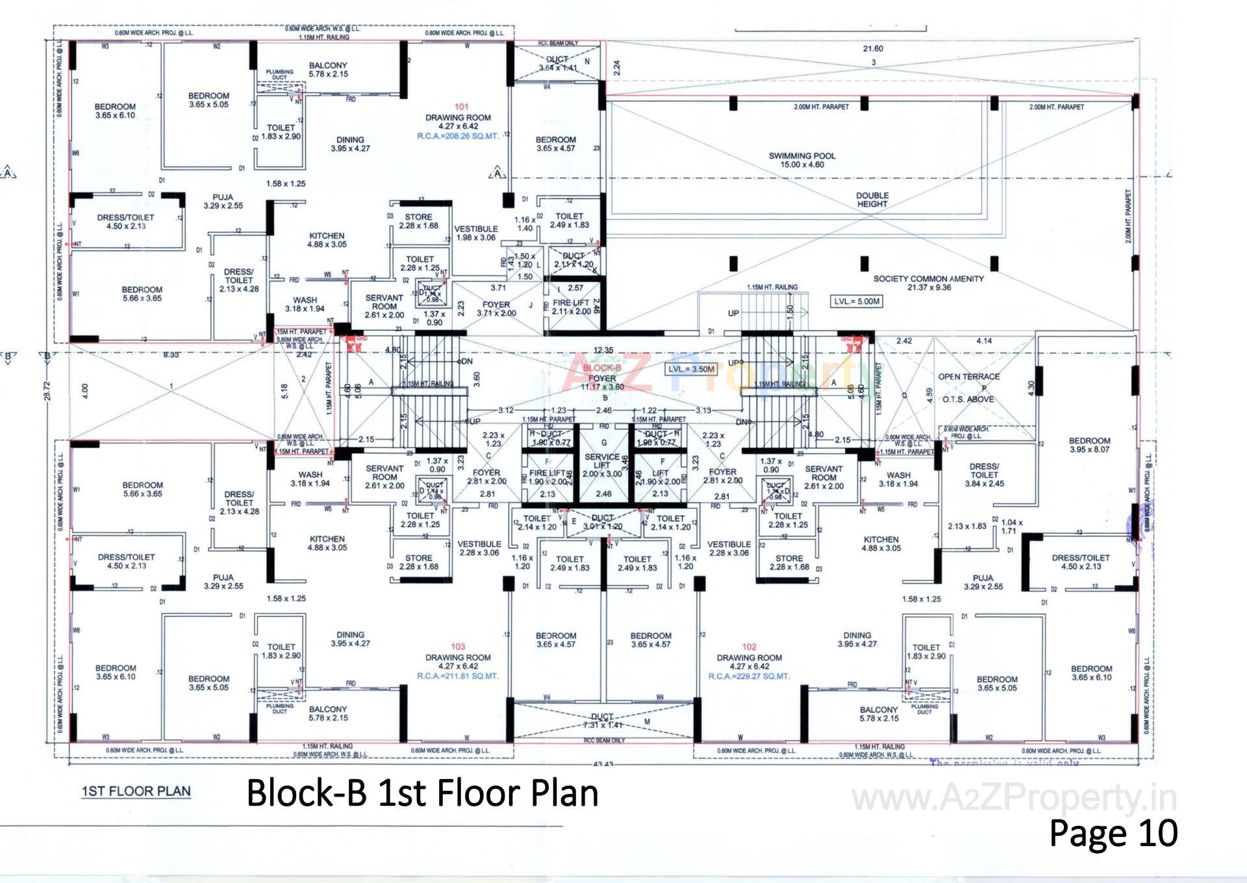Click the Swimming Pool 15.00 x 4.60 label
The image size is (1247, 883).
point(801,160)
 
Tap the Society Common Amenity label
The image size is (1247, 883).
point(928,282)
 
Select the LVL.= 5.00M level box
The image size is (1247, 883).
point(857,301)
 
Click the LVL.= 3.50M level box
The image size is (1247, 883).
point(692,369)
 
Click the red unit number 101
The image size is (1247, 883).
point(461,106)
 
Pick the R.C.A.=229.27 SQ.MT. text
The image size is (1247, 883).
point(749,676)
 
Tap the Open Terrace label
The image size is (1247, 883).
point(968,377)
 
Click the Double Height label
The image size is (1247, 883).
point(872,199)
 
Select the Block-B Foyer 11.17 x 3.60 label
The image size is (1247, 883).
point(602,378)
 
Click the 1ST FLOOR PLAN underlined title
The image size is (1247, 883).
point(136,791)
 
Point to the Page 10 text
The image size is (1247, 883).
point(1113,833)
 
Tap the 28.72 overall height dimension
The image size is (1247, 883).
point(47,390)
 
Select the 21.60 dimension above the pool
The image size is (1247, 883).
point(873,49)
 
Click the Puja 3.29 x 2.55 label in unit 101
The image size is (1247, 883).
point(223,201)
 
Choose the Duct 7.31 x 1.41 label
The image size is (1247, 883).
point(602,721)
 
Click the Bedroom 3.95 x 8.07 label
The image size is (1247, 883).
point(1089,445)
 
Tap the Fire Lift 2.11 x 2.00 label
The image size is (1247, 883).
point(571,307)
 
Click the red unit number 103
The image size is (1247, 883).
point(458,647)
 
